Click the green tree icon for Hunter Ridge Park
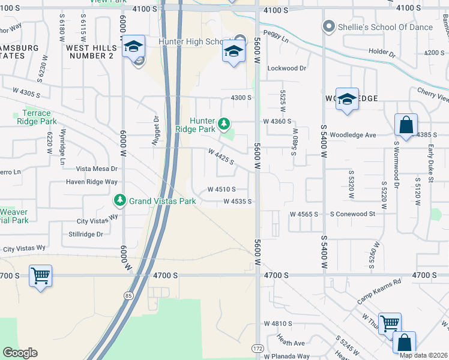[x=224, y=124]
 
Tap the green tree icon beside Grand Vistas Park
[x=120, y=199]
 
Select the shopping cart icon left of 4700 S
[x=40, y=276]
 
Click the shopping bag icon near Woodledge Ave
[x=406, y=125]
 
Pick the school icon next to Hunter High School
[x=234, y=51]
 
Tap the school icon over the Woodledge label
[x=346, y=100]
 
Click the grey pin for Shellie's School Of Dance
[x=328, y=26]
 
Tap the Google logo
[x=20, y=353]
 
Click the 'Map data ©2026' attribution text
[x=423, y=355]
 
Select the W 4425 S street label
[x=220, y=159]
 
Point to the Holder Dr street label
[x=382, y=53]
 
